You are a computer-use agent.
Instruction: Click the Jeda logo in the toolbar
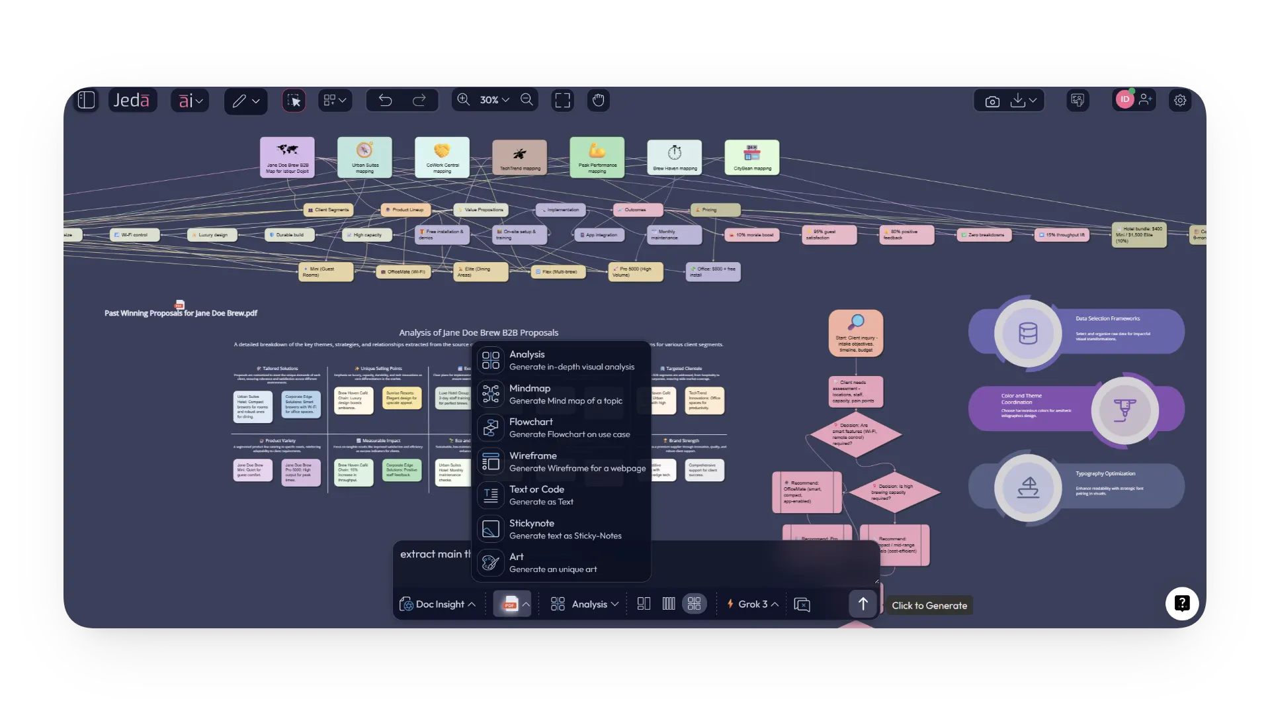pyautogui.click(x=132, y=100)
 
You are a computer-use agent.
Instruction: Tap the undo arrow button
pyautogui.click(x=386, y=100)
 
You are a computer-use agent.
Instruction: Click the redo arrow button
pyautogui.click(x=419, y=100)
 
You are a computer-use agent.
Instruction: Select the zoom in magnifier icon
pyautogui.click(x=464, y=99)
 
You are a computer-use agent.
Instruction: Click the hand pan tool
pyautogui.click(x=599, y=100)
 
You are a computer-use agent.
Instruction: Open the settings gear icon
pyautogui.click(x=1180, y=100)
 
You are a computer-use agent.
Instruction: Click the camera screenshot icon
pyautogui.click(x=992, y=101)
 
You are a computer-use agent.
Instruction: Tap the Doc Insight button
pyautogui.click(x=437, y=604)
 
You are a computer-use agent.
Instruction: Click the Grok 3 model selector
pyautogui.click(x=753, y=604)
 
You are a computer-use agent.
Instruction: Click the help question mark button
pyautogui.click(x=1182, y=603)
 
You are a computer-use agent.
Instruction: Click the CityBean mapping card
pyautogui.click(x=752, y=157)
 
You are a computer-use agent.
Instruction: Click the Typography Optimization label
pyautogui.click(x=1105, y=474)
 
